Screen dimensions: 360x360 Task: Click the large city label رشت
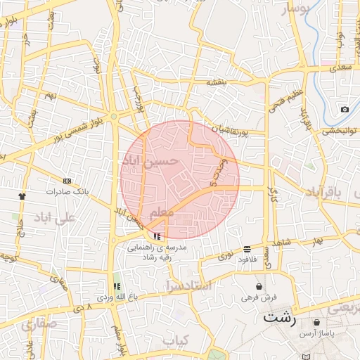281,317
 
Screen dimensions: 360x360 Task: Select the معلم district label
161,212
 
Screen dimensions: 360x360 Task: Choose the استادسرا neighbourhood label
188,285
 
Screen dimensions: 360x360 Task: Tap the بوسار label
295,9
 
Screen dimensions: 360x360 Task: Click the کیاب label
176,340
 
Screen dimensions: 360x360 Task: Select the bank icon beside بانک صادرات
67,181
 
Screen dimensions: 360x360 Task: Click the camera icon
345,109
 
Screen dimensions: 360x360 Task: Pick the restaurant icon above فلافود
247,249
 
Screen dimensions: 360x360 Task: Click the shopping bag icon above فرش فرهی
259,287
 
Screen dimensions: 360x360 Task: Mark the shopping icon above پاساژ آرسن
319,323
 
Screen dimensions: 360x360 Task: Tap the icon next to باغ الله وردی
117,287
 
